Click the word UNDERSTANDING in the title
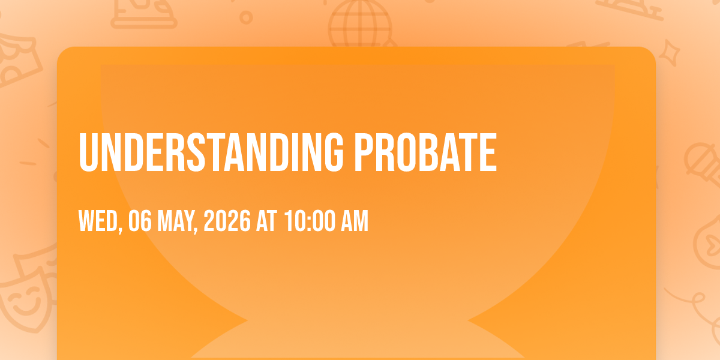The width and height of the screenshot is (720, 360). point(211,152)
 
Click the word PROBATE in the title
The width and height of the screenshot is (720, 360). point(425,152)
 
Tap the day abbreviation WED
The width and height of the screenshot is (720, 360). point(98,221)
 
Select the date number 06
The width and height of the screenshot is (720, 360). point(140,221)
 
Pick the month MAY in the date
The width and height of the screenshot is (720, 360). point(175,221)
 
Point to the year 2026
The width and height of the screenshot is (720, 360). point(227,221)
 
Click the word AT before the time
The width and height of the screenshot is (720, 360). point(266,221)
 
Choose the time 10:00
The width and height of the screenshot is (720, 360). point(310,221)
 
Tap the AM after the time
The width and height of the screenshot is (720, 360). point(355,221)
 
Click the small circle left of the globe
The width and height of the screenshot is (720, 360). point(246,17)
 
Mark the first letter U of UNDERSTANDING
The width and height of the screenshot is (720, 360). point(88,153)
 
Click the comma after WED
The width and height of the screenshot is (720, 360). point(120,229)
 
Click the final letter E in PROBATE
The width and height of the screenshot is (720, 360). point(488,152)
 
